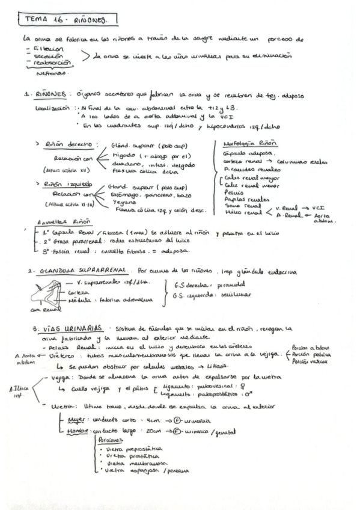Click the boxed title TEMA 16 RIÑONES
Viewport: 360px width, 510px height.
(63, 20)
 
